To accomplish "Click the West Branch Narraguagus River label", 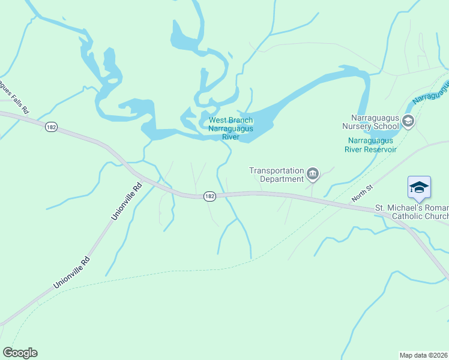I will click(231, 128).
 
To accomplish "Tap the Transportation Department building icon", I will click(313, 175).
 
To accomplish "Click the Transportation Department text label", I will click(277, 175).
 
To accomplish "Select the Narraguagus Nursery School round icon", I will click(408, 122).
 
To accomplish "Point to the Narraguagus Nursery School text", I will click(370, 122).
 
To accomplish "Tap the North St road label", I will click(363, 193).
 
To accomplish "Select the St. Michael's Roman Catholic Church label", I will click(412, 212).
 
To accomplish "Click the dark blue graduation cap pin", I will click(419, 187).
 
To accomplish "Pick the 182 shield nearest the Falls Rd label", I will click(50, 127).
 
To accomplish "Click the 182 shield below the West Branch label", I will click(209, 196).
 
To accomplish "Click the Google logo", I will click(20, 353).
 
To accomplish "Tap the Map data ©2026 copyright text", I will click(424, 355).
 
